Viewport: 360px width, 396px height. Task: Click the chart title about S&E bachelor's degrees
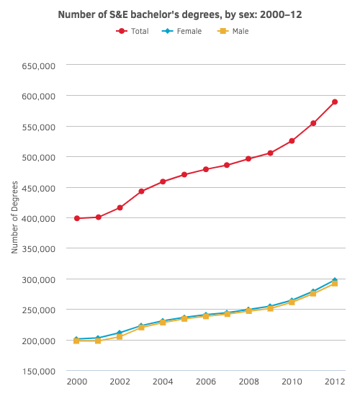tap(179, 14)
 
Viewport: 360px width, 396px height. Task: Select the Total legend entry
tap(132, 31)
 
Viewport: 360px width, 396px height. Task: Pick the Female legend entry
tap(183, 31)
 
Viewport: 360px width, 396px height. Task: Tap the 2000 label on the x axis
tap(76, 382)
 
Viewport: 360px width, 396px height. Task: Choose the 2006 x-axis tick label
tap(206, 382)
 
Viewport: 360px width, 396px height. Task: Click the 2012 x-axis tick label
tap(335, 382)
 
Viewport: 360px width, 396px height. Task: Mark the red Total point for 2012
tap(335, 102)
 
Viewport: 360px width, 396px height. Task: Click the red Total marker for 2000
tap(76, 218)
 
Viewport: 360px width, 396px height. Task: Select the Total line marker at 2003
tap(141, 192)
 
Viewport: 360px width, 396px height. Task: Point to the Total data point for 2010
tap(292, 141)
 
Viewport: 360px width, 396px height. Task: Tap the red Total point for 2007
tap(227, 165)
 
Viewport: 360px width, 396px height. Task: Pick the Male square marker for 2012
tap(335, 284)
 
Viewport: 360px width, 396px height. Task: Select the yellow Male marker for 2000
tap(76, 341)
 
